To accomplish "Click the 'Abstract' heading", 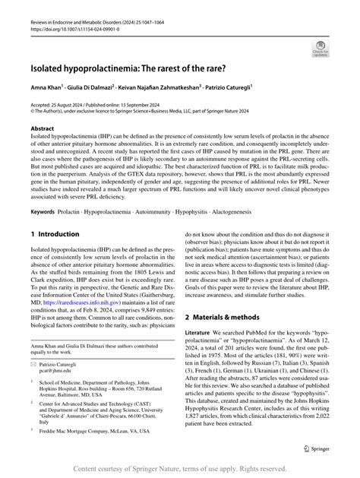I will [43, 129].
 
